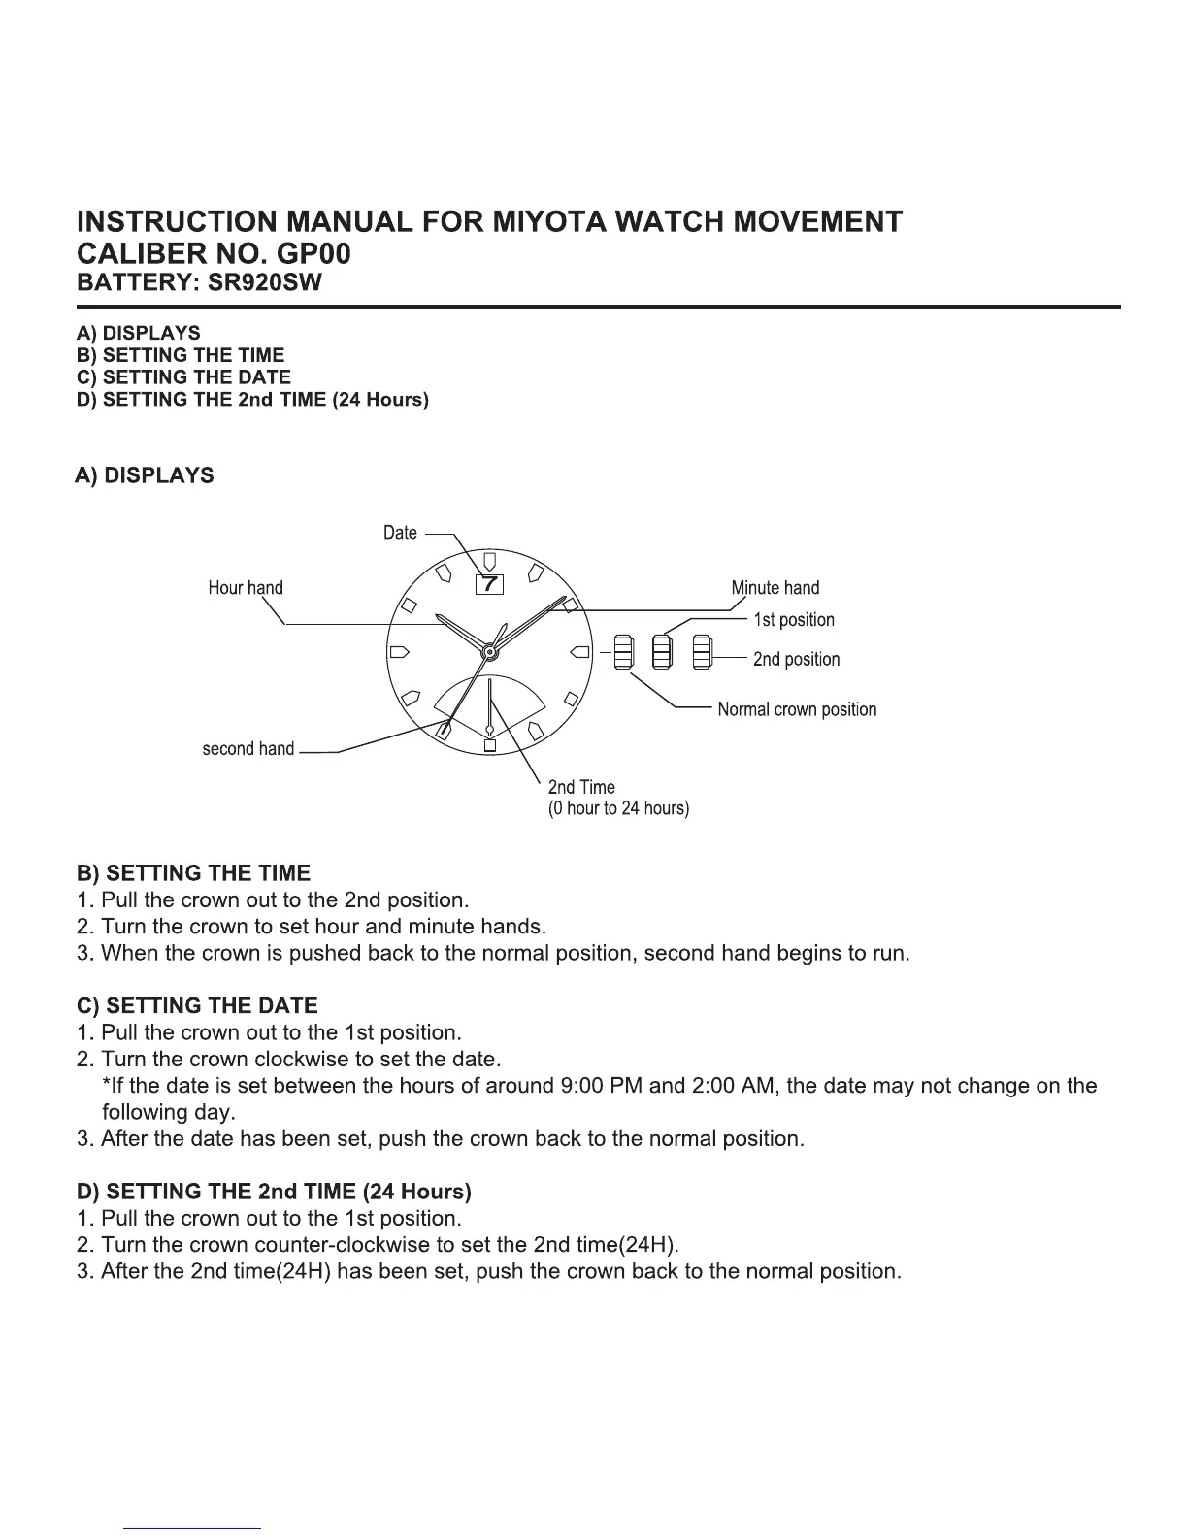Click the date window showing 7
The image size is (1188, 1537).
point(490,584)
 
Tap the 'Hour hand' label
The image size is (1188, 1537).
point(246,588)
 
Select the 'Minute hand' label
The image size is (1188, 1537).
point(775,588)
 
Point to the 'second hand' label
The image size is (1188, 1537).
point(247,749)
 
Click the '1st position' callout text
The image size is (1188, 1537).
point(794,620)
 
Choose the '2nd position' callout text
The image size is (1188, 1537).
point(796,660)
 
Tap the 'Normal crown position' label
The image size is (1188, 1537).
point(797,709)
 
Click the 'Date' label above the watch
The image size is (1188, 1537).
point(400,533)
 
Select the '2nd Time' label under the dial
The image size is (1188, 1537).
point(581,787)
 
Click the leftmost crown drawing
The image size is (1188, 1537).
point(623,651)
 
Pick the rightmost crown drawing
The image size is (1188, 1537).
point(703,651)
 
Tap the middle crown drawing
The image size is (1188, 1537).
point(662,651)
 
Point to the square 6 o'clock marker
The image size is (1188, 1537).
point(490,745)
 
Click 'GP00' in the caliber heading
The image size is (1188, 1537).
point(313,254)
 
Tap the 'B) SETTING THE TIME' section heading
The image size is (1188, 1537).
point(193,873)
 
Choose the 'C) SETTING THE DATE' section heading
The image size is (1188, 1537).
point(197,1006)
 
